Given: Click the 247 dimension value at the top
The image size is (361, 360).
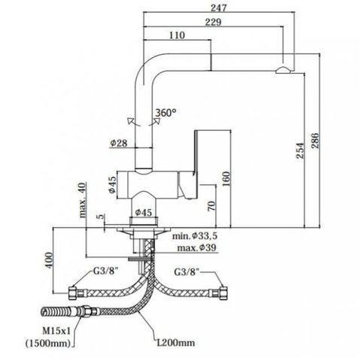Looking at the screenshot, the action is point(218,8).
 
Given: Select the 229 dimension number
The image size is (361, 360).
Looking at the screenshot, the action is point(214,22).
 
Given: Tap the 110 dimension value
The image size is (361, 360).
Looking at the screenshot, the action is point(177,35).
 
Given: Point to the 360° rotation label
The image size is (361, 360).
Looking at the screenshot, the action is point(165,113).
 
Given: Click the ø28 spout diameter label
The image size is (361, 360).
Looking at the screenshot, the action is point(119,143).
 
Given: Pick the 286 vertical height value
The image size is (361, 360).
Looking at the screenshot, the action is point(314,141).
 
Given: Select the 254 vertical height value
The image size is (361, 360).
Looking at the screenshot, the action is point(300,150).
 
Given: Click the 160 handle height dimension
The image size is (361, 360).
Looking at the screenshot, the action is point(226,179).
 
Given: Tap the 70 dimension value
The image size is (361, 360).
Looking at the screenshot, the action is point(211,206).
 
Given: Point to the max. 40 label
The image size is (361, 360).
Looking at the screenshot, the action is point(83,200).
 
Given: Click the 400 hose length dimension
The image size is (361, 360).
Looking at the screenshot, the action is point(49,260).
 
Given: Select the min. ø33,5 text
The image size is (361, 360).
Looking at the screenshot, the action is point(195,236).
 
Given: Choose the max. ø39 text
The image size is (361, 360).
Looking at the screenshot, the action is point(196,248).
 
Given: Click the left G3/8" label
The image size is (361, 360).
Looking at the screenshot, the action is point(105,271).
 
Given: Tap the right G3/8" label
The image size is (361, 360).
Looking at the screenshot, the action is point(187,272).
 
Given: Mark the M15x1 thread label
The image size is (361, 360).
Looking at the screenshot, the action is point(56,331).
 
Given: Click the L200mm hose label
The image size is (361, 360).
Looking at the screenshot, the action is point(176,342).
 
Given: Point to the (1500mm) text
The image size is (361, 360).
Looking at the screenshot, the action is point(48,343).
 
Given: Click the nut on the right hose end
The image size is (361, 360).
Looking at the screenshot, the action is point(224,293).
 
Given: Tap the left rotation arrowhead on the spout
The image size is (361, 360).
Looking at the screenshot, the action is point(131,120).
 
